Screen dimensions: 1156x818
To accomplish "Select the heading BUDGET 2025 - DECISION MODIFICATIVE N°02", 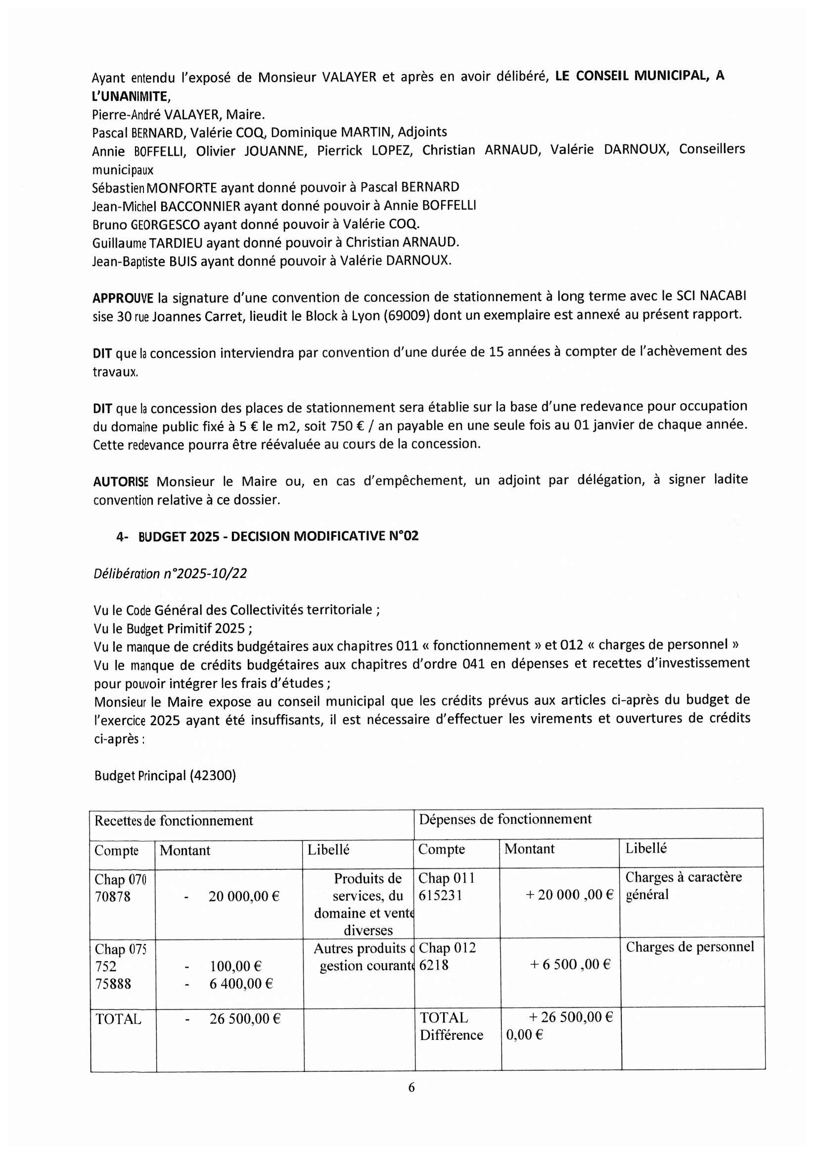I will (278, 536).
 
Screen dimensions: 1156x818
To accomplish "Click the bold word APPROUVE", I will (122, 298).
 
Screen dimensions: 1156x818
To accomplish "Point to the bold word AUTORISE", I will (121, 482).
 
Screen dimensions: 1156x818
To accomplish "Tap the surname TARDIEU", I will (176, 243).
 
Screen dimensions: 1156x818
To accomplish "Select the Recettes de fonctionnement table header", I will (174, 821).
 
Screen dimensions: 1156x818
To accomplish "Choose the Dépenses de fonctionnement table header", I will (505, 819).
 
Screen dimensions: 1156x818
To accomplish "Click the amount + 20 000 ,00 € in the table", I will (569, 895).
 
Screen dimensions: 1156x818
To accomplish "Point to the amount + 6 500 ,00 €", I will (570, 964).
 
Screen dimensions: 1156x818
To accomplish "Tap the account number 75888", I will (113, 984).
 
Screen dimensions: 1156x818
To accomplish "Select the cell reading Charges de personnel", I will (689, 947).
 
